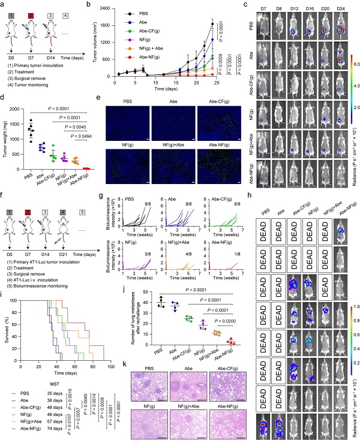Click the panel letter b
point(89,4)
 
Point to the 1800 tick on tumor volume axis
point(107,25)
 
